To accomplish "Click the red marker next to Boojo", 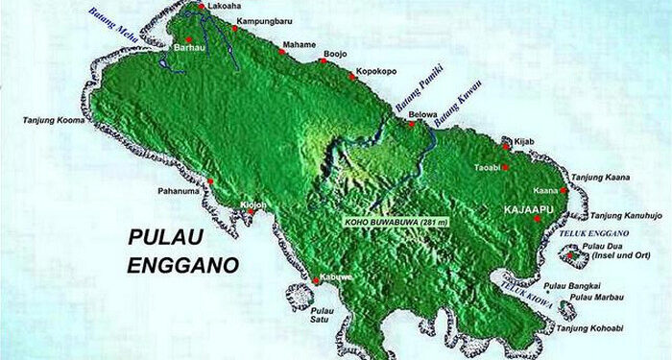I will (x=322, y=61).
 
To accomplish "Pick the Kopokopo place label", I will (x=374, y=71).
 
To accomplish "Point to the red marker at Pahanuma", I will (x=209, y=181).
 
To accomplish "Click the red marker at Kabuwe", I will (x=317, y=280).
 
